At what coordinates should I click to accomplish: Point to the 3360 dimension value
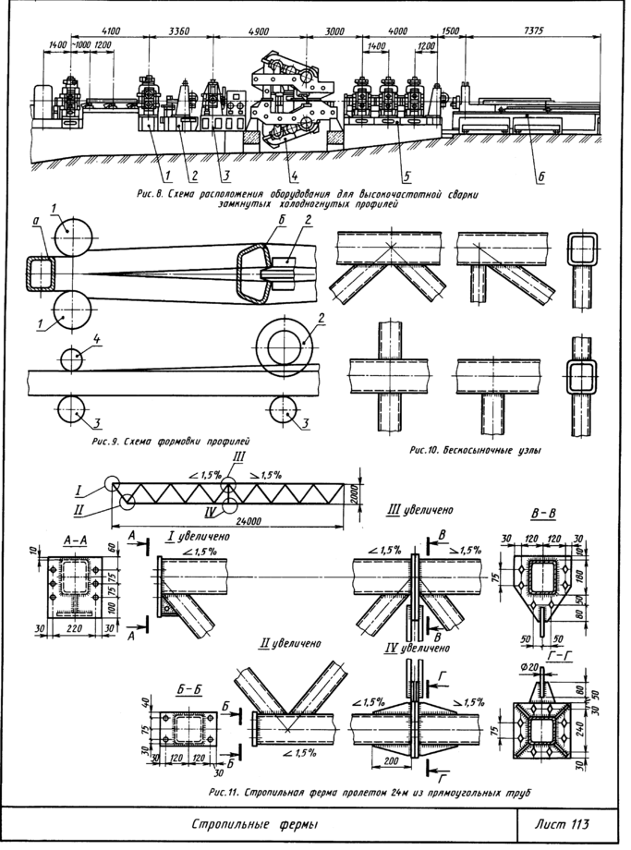tap(180, 30)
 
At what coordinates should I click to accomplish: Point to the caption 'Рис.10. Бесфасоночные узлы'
tap(473, 451)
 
